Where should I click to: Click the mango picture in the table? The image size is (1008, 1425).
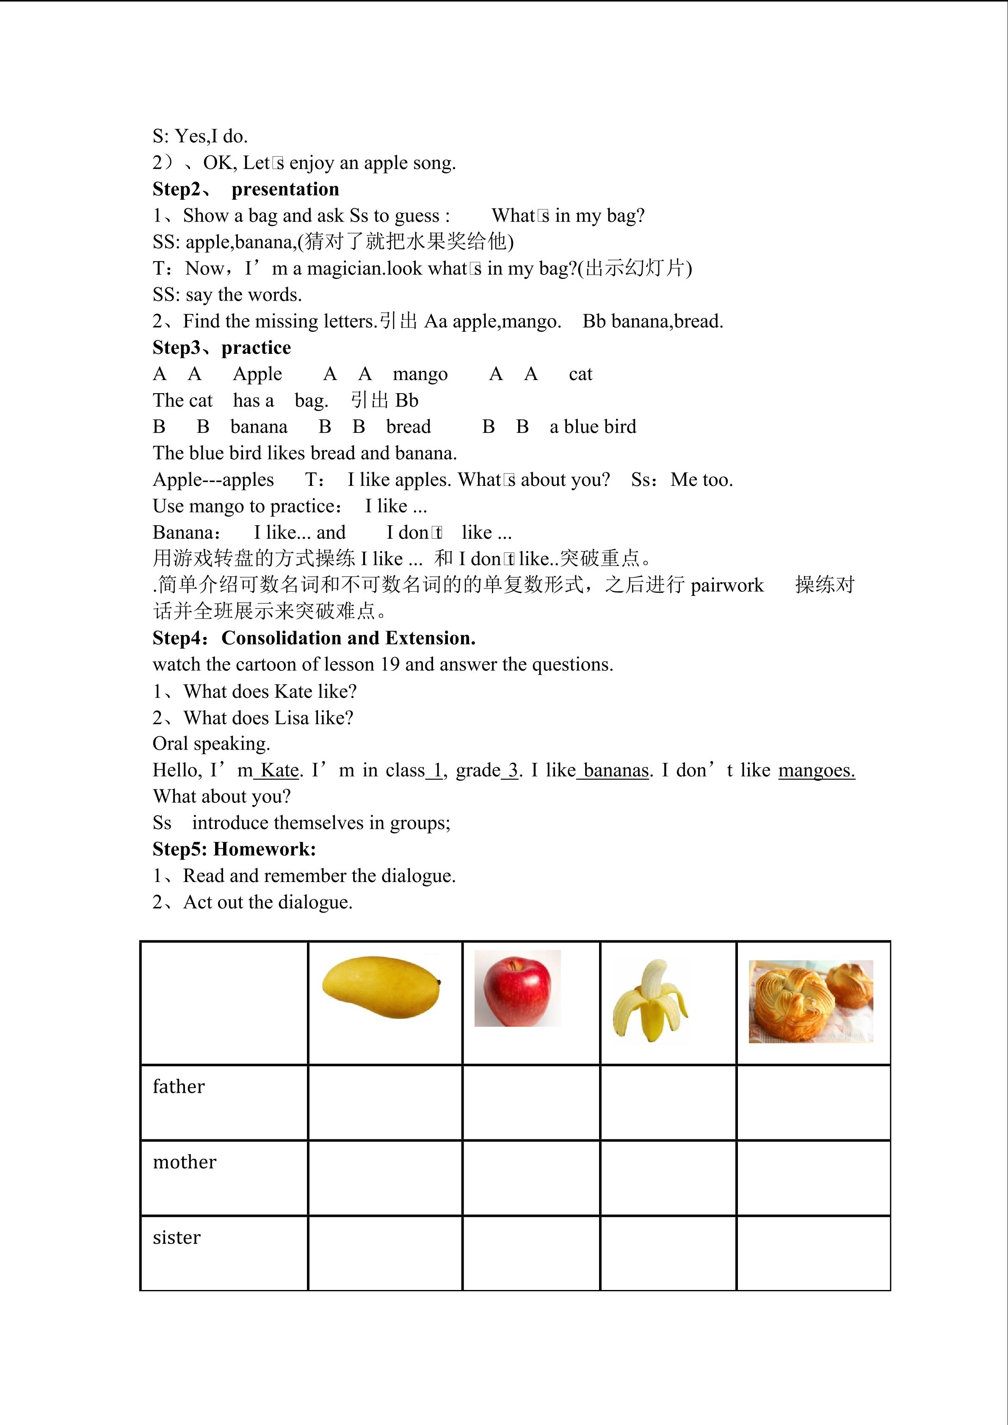point(381,987)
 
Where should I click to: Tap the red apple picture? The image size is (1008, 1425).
point(517,988)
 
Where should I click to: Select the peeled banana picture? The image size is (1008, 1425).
point(650,1001)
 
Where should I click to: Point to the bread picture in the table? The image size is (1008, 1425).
point(811,1001)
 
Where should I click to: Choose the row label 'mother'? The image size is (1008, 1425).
point(184,1162)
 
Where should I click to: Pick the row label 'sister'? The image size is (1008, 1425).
point(177,1237)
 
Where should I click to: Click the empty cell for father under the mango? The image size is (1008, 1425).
point(385,1102)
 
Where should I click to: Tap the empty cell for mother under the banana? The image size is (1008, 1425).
point(668,1177)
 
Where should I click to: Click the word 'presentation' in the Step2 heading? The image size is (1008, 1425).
point(285,189)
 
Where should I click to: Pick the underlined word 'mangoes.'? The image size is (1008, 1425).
point(816,770)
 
